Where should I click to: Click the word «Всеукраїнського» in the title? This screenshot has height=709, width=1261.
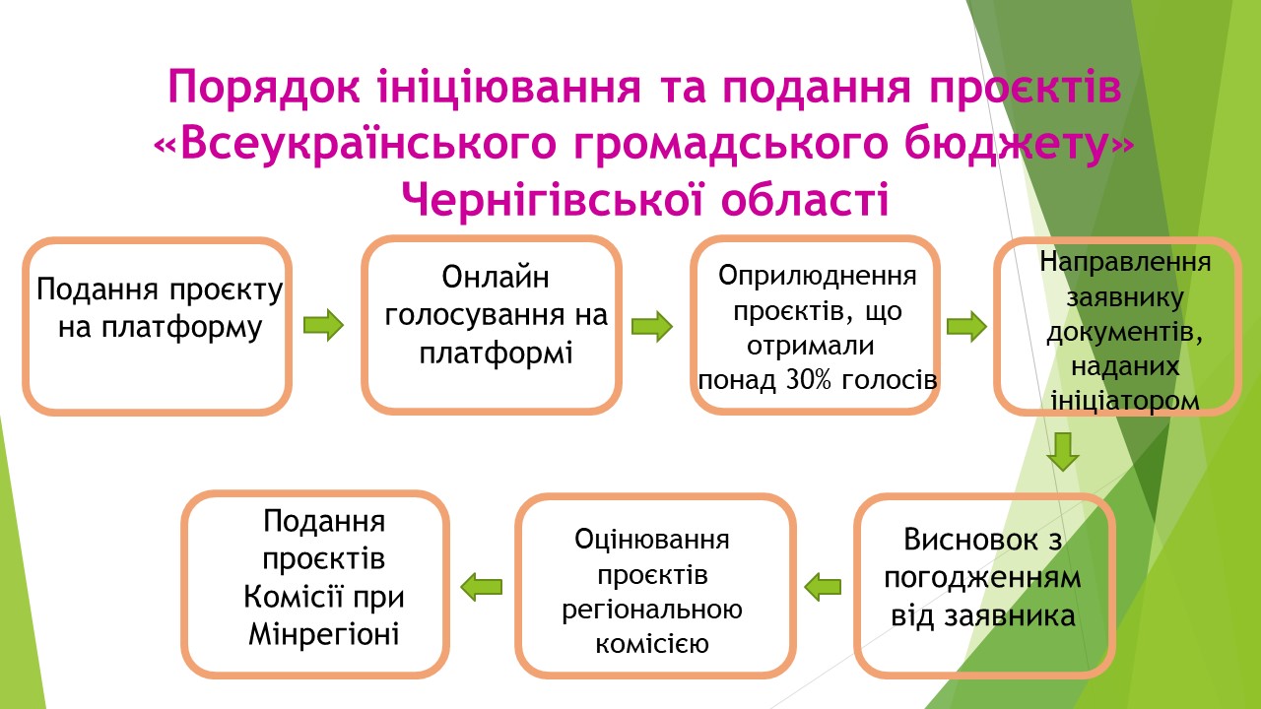[356, 144]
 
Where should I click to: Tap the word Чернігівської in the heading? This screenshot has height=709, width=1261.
[553, 200]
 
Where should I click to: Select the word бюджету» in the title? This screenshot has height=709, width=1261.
[1020, 144]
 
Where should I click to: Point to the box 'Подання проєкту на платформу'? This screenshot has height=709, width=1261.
[157, 326]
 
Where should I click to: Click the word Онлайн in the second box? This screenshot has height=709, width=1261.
[496, 278]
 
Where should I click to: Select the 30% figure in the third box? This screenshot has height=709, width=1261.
[809, 380]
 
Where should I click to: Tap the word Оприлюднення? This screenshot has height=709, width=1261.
[818, 276]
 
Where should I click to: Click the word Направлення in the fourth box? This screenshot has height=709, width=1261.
[1125, 262]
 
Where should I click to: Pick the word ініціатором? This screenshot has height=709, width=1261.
[1125, 401]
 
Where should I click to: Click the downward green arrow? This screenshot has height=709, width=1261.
[1063, 452]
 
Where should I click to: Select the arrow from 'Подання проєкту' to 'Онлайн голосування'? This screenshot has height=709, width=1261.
[323, 325]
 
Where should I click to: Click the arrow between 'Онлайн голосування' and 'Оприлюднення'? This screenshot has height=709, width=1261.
[652, 326]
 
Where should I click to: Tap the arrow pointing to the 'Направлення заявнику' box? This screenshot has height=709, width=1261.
[966, 326]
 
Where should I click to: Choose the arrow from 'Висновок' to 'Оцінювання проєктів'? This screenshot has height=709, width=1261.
[823, 587]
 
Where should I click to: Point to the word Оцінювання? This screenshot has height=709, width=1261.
[652, 540]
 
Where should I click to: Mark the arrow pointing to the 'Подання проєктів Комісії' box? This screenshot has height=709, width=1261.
[482, 587]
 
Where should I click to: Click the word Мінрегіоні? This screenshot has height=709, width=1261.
[324, 634]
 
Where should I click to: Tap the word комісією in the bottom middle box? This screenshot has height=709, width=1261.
[652, 644]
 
